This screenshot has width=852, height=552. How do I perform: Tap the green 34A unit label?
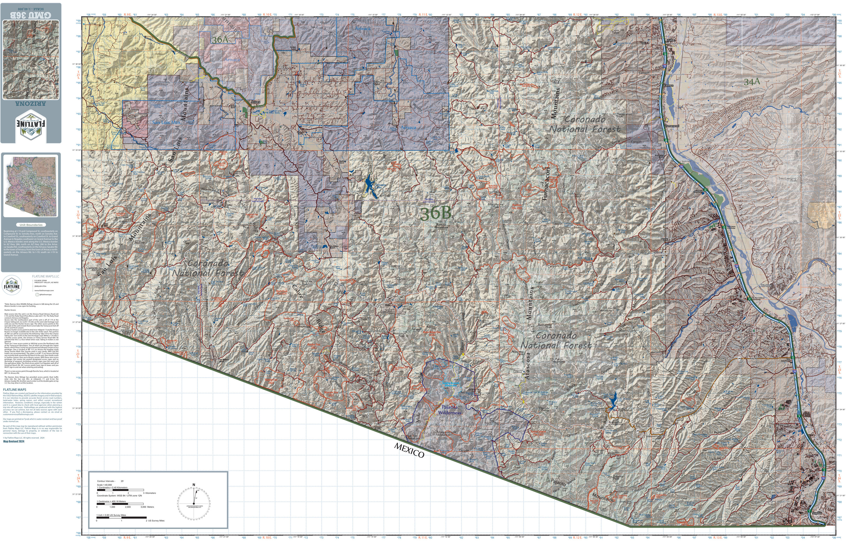coord(752,82)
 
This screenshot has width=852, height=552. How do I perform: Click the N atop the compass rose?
coord(194,485)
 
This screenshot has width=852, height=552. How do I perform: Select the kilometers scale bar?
coord(120,490)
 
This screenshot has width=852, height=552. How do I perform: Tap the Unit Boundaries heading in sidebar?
coord(31,225)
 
